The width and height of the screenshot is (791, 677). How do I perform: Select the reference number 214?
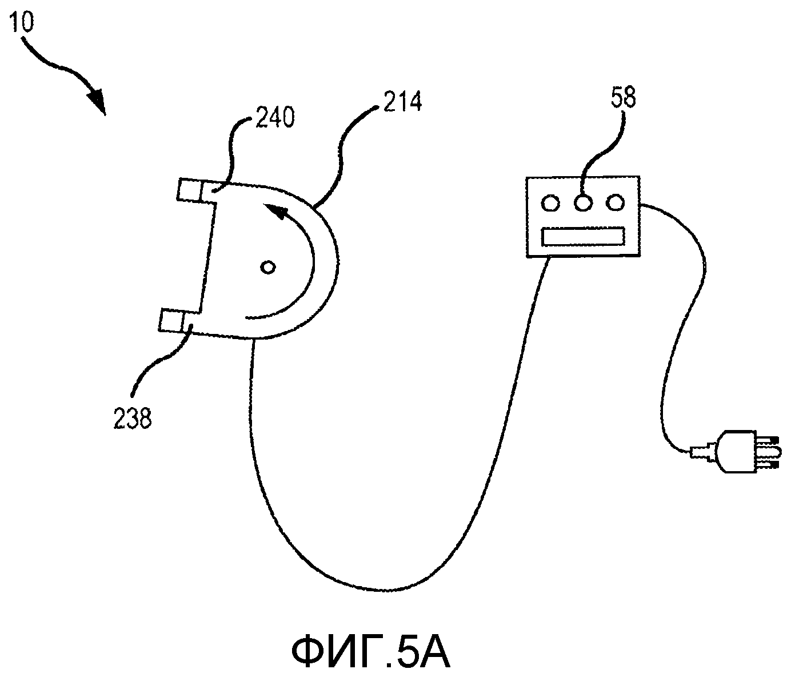point(402,101)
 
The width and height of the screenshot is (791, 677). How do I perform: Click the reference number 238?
point(133,418)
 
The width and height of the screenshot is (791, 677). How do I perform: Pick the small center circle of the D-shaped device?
point(267,267)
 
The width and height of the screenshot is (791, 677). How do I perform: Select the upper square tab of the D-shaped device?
point(190,189)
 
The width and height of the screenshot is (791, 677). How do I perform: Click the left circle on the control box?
point(550,203)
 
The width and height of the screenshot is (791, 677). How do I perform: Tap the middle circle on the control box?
point(582,203)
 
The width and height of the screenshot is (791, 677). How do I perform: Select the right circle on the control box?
point(615,202)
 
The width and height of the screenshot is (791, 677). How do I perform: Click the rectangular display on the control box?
point(583,236)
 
